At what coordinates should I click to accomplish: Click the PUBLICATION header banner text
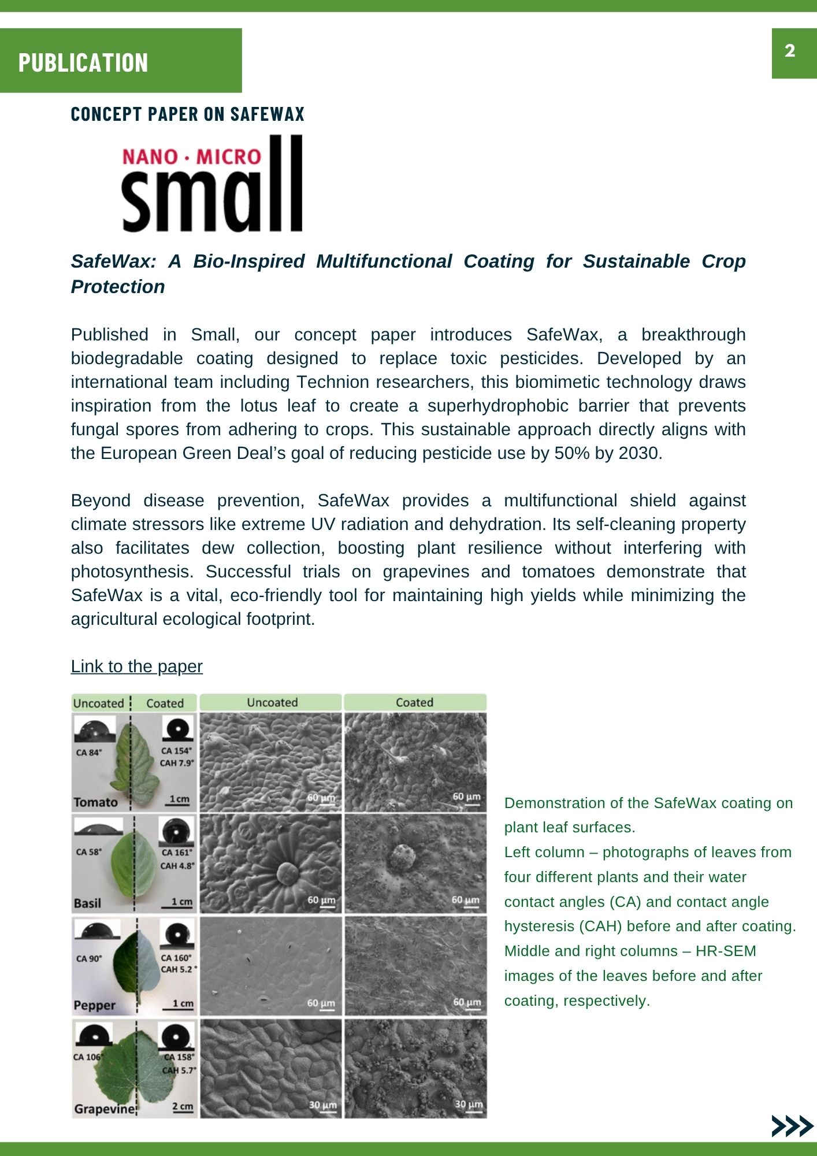point(83,62)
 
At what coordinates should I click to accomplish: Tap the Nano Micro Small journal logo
point(212,184)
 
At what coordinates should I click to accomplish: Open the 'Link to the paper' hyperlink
point(136,666)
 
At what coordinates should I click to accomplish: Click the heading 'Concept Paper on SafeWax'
point(187,114)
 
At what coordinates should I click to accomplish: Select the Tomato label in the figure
point(95,802)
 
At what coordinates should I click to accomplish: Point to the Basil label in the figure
point(87,903)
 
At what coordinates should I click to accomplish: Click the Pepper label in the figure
point(94,1006)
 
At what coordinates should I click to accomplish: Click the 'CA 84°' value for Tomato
point(88,753)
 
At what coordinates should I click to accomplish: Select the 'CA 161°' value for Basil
point(177,853)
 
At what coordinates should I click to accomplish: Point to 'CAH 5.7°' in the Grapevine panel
point(179,1070)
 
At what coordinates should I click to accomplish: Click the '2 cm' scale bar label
point(183,1106)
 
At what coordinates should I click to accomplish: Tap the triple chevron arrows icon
point(792,1126)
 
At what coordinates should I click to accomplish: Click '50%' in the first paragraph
point(571,453)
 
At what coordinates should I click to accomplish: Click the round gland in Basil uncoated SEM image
point(287,873)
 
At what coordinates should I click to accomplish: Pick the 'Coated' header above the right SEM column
point(414,702)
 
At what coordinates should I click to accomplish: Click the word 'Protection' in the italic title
point(118,287)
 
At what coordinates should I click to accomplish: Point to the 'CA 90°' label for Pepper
point(89,958)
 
